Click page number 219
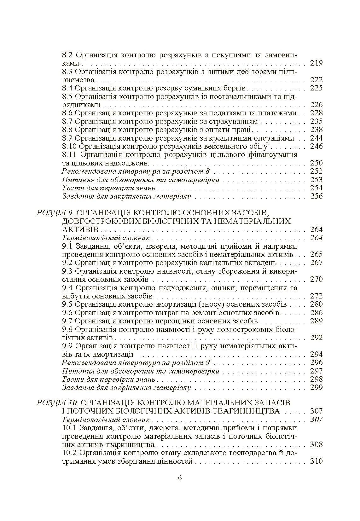click(x=316, y=63)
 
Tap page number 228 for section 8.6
click(x=316, y=113)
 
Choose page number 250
click(x=316, y=163)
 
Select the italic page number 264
click(x=316, y=238)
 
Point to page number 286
click(x=316, y=313)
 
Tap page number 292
click(x=316, y=338)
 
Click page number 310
click(x=316, y=461)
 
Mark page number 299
click(x=316, y=387)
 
